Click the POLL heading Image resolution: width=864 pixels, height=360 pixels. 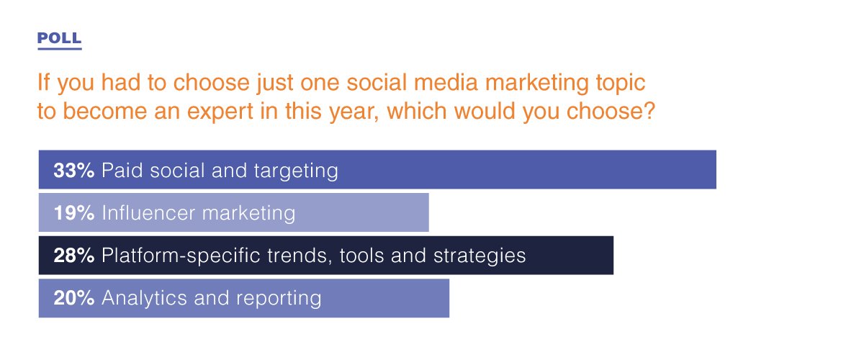pos(59,38)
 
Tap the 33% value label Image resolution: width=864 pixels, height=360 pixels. pos(73,170)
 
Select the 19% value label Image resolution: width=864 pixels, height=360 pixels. pos(73,212)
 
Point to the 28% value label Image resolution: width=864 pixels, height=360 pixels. pos(73,255)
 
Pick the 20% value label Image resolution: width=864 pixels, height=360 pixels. pos(73,297)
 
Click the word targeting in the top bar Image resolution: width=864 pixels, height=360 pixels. pos(296,171)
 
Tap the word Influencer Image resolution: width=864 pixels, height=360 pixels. pos(148,212)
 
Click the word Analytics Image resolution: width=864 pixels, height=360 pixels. pos(144,298)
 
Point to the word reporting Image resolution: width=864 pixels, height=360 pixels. pos(279,299)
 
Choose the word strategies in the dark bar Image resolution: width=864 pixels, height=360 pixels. pos(480,256)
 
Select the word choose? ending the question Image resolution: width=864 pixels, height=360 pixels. pos(611,111)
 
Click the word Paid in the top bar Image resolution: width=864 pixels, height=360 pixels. pos(122,170)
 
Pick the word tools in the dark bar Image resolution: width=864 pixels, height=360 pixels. pos(361,255)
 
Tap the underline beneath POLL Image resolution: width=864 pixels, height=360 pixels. pos(59,49)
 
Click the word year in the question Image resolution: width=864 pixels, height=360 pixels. pos(354,112)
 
